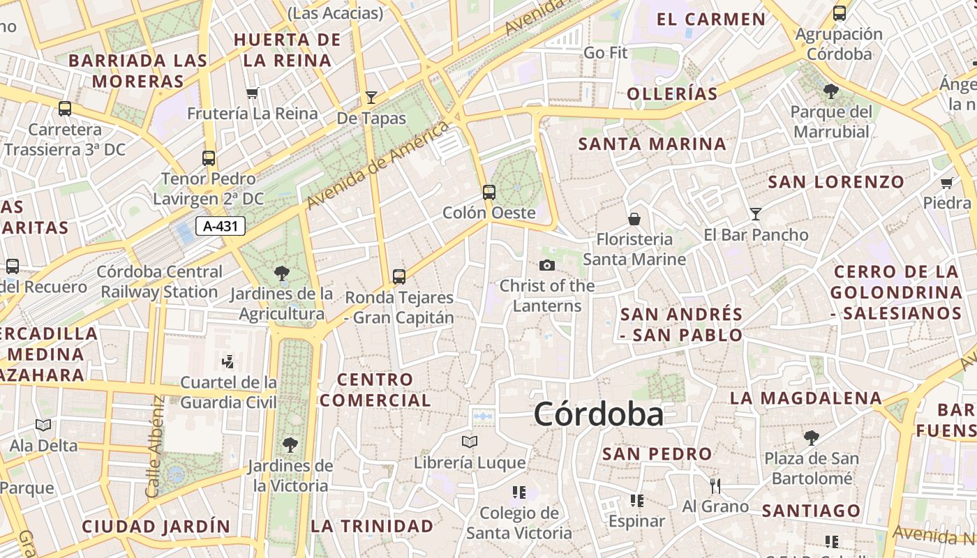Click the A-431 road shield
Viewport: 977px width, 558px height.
pyautogui.click(x=220, y=226)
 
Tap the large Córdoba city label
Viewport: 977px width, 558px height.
pyautogui.click(x=598, y=414)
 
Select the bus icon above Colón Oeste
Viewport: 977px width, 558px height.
pyautogui.click(x=489, y=192)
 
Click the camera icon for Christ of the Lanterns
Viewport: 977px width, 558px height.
pyautogui.click(x=547, y=265)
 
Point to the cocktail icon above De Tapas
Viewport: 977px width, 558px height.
pyautogui.click(x=371, y=98)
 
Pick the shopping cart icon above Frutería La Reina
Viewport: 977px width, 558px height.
pyautogui.click(x=253, y=93)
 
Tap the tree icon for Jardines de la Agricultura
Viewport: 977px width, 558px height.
pyautogui.click(x=282, y=273)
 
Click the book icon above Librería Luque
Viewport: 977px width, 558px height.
pyautogui.click(x=470, y=442)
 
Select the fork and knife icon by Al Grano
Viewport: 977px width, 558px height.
pyautogui.click(x=715, y=485)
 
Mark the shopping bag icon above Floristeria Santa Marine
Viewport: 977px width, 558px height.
pyautogui.click(x=634, y=219)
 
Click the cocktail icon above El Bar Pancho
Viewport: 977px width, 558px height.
pyautogui.click(x=756, y=213)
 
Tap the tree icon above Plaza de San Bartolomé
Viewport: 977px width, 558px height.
pyautogui.click(x=811, y=437)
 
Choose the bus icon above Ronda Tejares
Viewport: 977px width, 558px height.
pyautogui.click(x=399, y=276)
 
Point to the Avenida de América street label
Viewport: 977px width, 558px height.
pyautogui.click(x=377, y=165)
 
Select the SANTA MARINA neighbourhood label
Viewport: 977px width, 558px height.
pyautogui.click(x=652, y=144)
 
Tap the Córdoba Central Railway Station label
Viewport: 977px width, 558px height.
pyautogui.click(x=160, y=282)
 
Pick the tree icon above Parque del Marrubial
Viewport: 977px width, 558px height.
pyautogui.click(x=830, y=91)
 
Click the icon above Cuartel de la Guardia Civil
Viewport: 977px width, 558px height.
pyautogui.click(x=228, y=361)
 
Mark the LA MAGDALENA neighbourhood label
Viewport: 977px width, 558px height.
pyautogui.click(x=806, y=398)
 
